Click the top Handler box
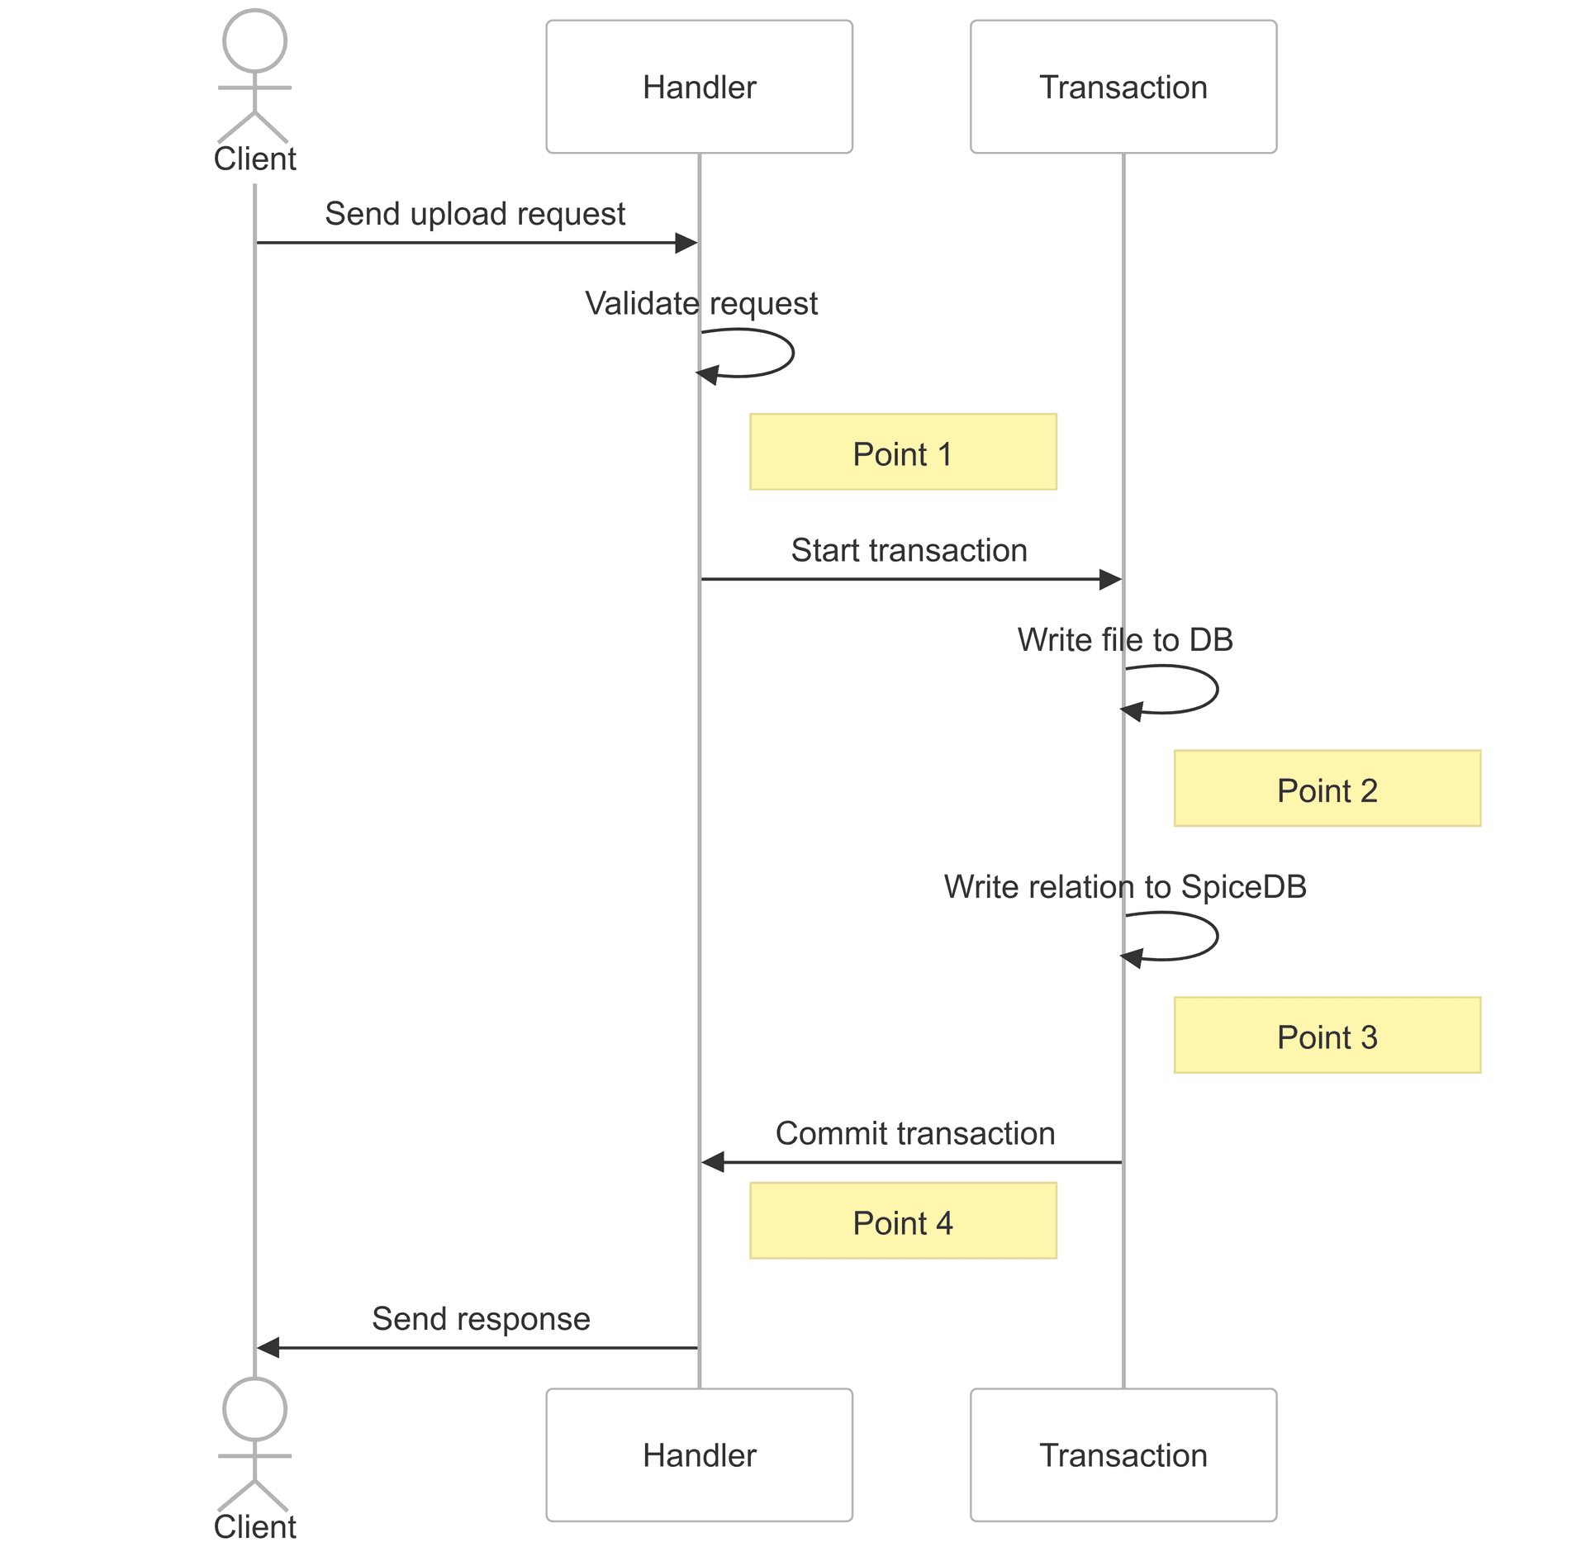[699, 87]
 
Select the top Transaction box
[1123, 87]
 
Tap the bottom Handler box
[699, 1454]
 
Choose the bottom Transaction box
[1123, 1454]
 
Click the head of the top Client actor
[254, 40]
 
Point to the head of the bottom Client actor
[254, 1409]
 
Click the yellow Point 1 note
[902, 452]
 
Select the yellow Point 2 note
[1327, 788]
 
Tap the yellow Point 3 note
[1327, 1035]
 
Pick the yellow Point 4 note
[902, 1221]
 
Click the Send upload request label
[475, 214]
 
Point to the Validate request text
[700, 303]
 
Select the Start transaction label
[909, 550]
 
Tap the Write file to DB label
[1124, 640]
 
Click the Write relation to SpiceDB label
[1124, 887]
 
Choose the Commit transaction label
[914, 1133]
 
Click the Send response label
[481, 1319]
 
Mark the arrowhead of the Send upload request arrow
[686, 243]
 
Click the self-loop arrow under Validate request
[791, 354]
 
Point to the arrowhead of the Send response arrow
[268, 1348]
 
